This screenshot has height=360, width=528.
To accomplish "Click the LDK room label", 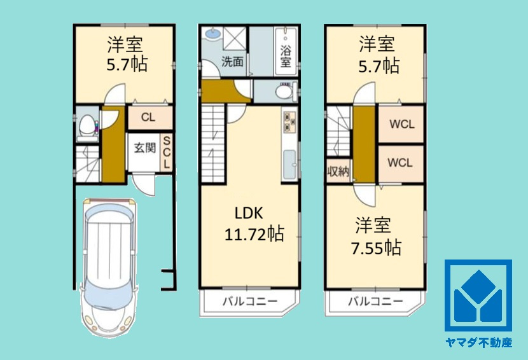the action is [249, 213].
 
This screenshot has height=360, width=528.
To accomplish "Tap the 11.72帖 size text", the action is [254, 233].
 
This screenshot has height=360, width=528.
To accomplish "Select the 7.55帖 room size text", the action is [376, 247].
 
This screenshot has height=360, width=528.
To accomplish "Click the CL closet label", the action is [148, 118].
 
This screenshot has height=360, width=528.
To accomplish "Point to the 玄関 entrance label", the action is [145, 148].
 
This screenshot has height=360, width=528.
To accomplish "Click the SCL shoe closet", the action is [167, 153].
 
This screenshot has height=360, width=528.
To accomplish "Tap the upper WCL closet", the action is [401, 124].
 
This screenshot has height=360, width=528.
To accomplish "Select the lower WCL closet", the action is [400, 163].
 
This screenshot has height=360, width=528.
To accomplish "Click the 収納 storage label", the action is [338, 172].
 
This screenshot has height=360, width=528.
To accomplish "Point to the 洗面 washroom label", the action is [232, 62].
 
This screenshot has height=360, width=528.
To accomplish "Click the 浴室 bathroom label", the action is [286, 57].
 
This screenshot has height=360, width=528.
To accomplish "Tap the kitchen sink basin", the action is [289, 165].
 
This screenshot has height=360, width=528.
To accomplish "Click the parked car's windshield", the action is [108, 294].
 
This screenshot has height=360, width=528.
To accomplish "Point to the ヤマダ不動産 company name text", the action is [478, 343].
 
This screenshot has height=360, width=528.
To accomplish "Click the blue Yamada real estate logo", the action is [478, 296].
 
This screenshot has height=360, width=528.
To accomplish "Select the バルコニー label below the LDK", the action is [250, 301].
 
